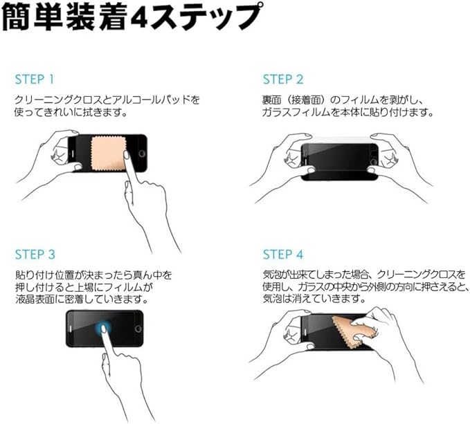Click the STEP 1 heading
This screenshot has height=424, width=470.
tap(35, 80)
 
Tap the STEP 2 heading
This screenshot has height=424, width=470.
tap(283, 80)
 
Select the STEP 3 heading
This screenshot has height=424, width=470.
tap(35, 255)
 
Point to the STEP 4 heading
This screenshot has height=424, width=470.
tap(283, 255)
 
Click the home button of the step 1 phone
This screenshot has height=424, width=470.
tap(141, 154)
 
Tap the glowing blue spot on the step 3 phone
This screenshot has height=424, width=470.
tap(103, 328)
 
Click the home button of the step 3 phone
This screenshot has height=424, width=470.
tap(138, 329)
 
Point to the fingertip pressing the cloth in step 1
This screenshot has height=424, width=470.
tap(127, 155)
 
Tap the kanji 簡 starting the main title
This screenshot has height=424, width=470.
tap(16, 18)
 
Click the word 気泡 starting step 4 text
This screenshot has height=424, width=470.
tap(272, 275)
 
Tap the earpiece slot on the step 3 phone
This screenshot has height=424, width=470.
tap(71, 329)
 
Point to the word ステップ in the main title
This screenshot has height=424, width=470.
tap(208, 18)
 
